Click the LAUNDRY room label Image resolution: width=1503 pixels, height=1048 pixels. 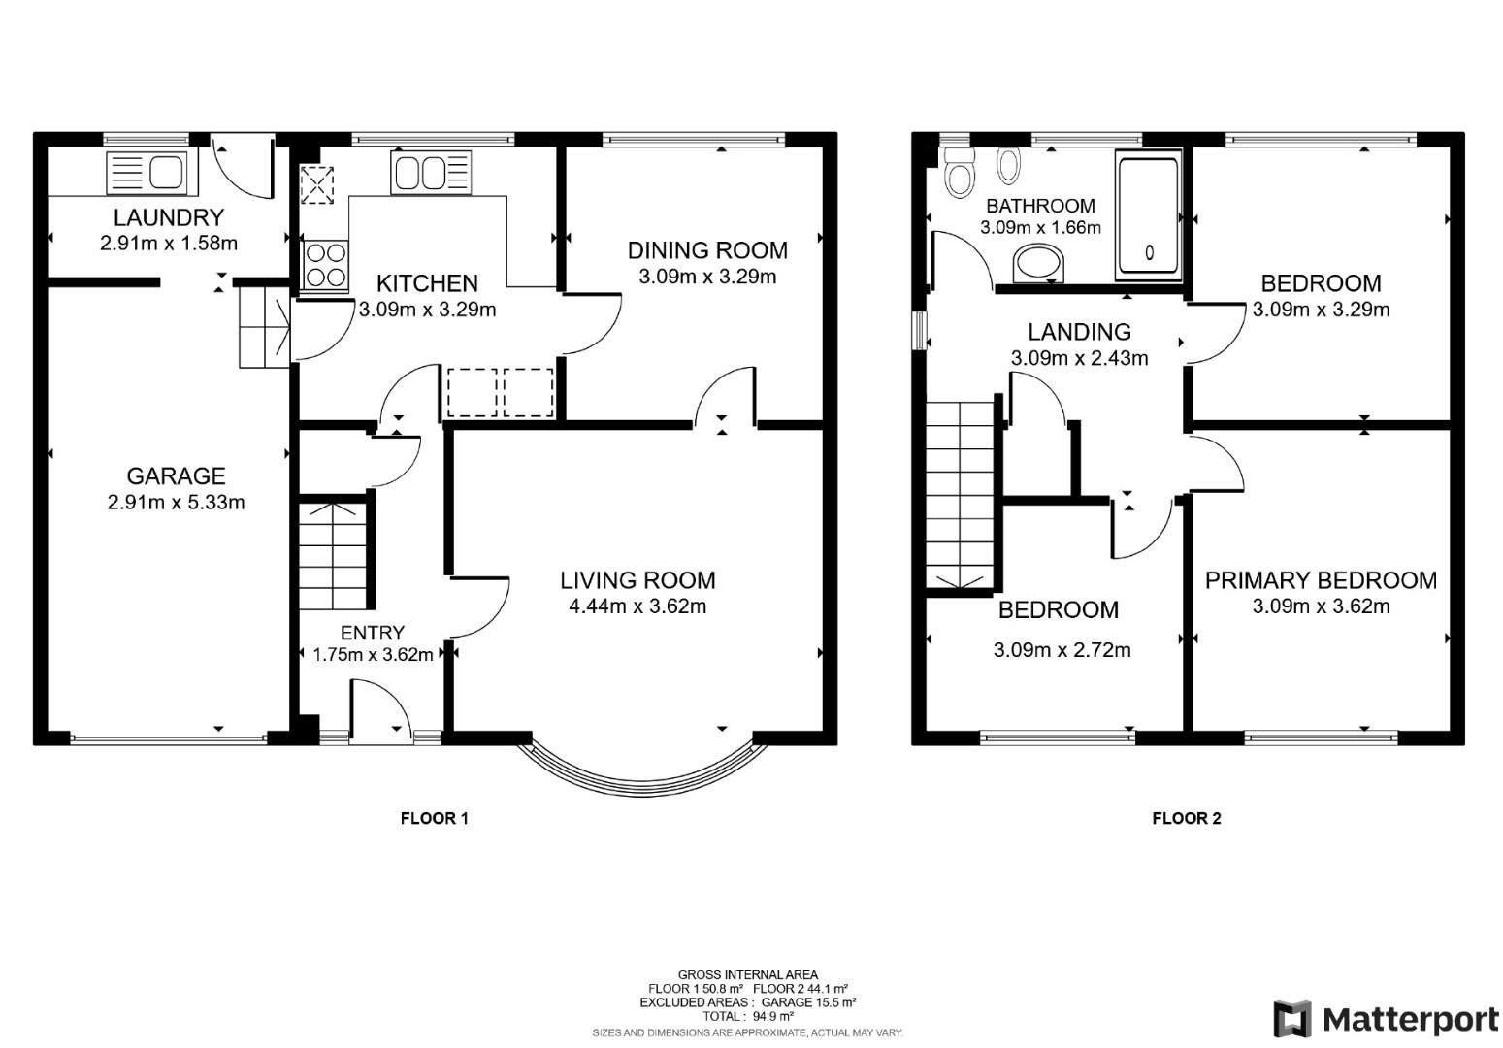168,217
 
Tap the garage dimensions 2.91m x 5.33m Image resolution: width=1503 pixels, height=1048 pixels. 176,503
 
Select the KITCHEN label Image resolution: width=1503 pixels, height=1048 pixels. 427,283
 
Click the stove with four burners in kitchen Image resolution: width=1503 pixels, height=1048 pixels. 326,265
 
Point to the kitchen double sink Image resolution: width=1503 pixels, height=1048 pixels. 430,173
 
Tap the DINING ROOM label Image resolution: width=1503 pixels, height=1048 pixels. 707,250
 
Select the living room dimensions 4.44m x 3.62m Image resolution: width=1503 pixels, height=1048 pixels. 637,607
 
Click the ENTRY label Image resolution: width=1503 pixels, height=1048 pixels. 373,633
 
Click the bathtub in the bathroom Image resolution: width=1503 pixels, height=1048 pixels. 1149,214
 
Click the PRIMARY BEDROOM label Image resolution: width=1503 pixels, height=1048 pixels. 1321,580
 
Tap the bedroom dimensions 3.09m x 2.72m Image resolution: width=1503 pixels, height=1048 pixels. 1062,650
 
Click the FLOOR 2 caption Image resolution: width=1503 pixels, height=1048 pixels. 1186,818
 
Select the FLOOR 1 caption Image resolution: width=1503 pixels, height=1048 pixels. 434,818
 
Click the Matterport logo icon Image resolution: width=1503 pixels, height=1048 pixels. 1291,1019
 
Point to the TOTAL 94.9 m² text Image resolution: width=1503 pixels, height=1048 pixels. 747,1016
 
